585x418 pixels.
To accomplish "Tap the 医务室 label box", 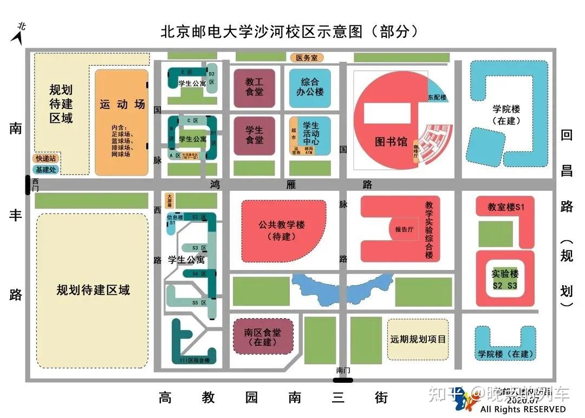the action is point(307,57).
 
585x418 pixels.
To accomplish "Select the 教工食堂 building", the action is point(254,87).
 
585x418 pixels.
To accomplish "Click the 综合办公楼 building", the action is point(309,87).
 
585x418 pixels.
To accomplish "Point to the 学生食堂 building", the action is point(254,136).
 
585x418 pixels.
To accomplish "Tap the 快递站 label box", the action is point(46,158).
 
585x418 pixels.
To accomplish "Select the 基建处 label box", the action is point(46,169).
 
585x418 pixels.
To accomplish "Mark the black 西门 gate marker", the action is point(28,184).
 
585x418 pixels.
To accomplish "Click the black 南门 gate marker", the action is point(342,380).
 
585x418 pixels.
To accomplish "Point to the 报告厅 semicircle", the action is point(402,230).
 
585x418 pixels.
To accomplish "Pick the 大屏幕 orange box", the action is point(170,201).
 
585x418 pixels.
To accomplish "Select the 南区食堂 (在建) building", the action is point(262,337).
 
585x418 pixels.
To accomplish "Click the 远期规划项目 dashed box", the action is point(418,339).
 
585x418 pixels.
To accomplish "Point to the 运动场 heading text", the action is point(122,104).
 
